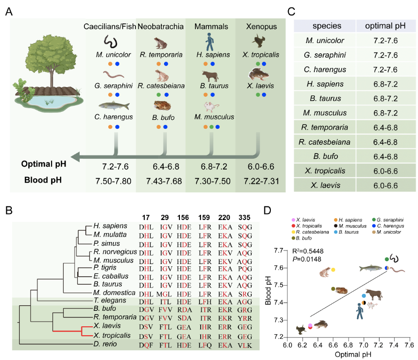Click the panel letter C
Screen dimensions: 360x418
291,11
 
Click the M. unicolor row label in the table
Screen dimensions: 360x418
324,42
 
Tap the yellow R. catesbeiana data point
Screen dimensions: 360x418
333,270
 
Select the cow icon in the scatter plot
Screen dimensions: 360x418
374,295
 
